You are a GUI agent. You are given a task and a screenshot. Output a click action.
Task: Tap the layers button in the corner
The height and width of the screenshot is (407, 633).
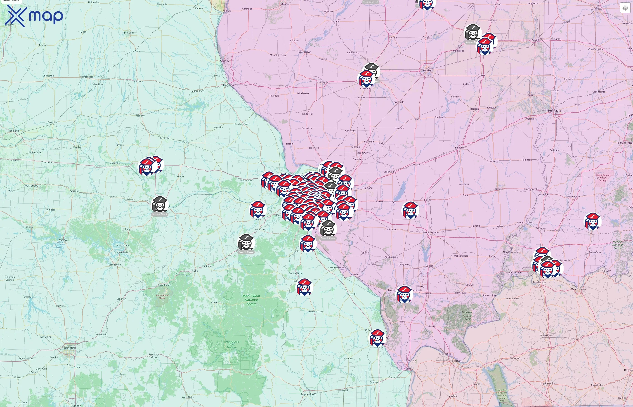(x=625, y=8)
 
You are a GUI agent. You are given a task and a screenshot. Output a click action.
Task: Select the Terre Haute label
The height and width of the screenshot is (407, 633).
(x=553, y=111)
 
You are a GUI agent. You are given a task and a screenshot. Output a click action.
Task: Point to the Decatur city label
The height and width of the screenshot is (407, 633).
(x=427, y=70)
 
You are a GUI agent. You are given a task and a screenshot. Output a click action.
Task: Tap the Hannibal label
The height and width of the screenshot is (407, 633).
(x=229, y=85)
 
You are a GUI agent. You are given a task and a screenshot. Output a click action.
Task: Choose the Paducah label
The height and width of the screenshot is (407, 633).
(x=456, y=361)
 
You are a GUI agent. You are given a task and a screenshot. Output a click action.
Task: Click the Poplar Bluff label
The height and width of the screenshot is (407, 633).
(x=308, y=394)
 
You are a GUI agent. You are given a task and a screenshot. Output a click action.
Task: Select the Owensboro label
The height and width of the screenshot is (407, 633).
(x=578, y=289)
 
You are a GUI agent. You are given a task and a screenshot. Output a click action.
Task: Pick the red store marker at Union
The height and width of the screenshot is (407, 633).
(x=258, y=210)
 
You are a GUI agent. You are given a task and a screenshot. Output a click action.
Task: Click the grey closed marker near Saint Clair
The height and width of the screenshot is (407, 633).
(x=246, y=242)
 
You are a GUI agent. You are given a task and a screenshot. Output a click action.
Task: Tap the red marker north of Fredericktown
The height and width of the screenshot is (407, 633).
(x=305, y=287)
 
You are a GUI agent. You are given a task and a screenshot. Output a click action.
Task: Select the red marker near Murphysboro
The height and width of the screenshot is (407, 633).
(x=404, y=294)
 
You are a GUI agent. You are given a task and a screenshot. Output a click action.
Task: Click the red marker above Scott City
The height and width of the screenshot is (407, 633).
(x=378, y=338)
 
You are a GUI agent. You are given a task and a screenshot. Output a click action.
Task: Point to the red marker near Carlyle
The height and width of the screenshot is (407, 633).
(x=410, y=210)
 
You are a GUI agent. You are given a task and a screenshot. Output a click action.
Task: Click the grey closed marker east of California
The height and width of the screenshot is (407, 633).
(x=160, y=205)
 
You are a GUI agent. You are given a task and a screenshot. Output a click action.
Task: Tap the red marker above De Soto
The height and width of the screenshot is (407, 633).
(x=308, y=243)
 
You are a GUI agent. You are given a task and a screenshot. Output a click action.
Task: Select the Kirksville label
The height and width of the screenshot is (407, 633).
(x=128, y=33)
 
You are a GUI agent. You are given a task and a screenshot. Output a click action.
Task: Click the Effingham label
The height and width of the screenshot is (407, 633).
(x=461, y=148)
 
